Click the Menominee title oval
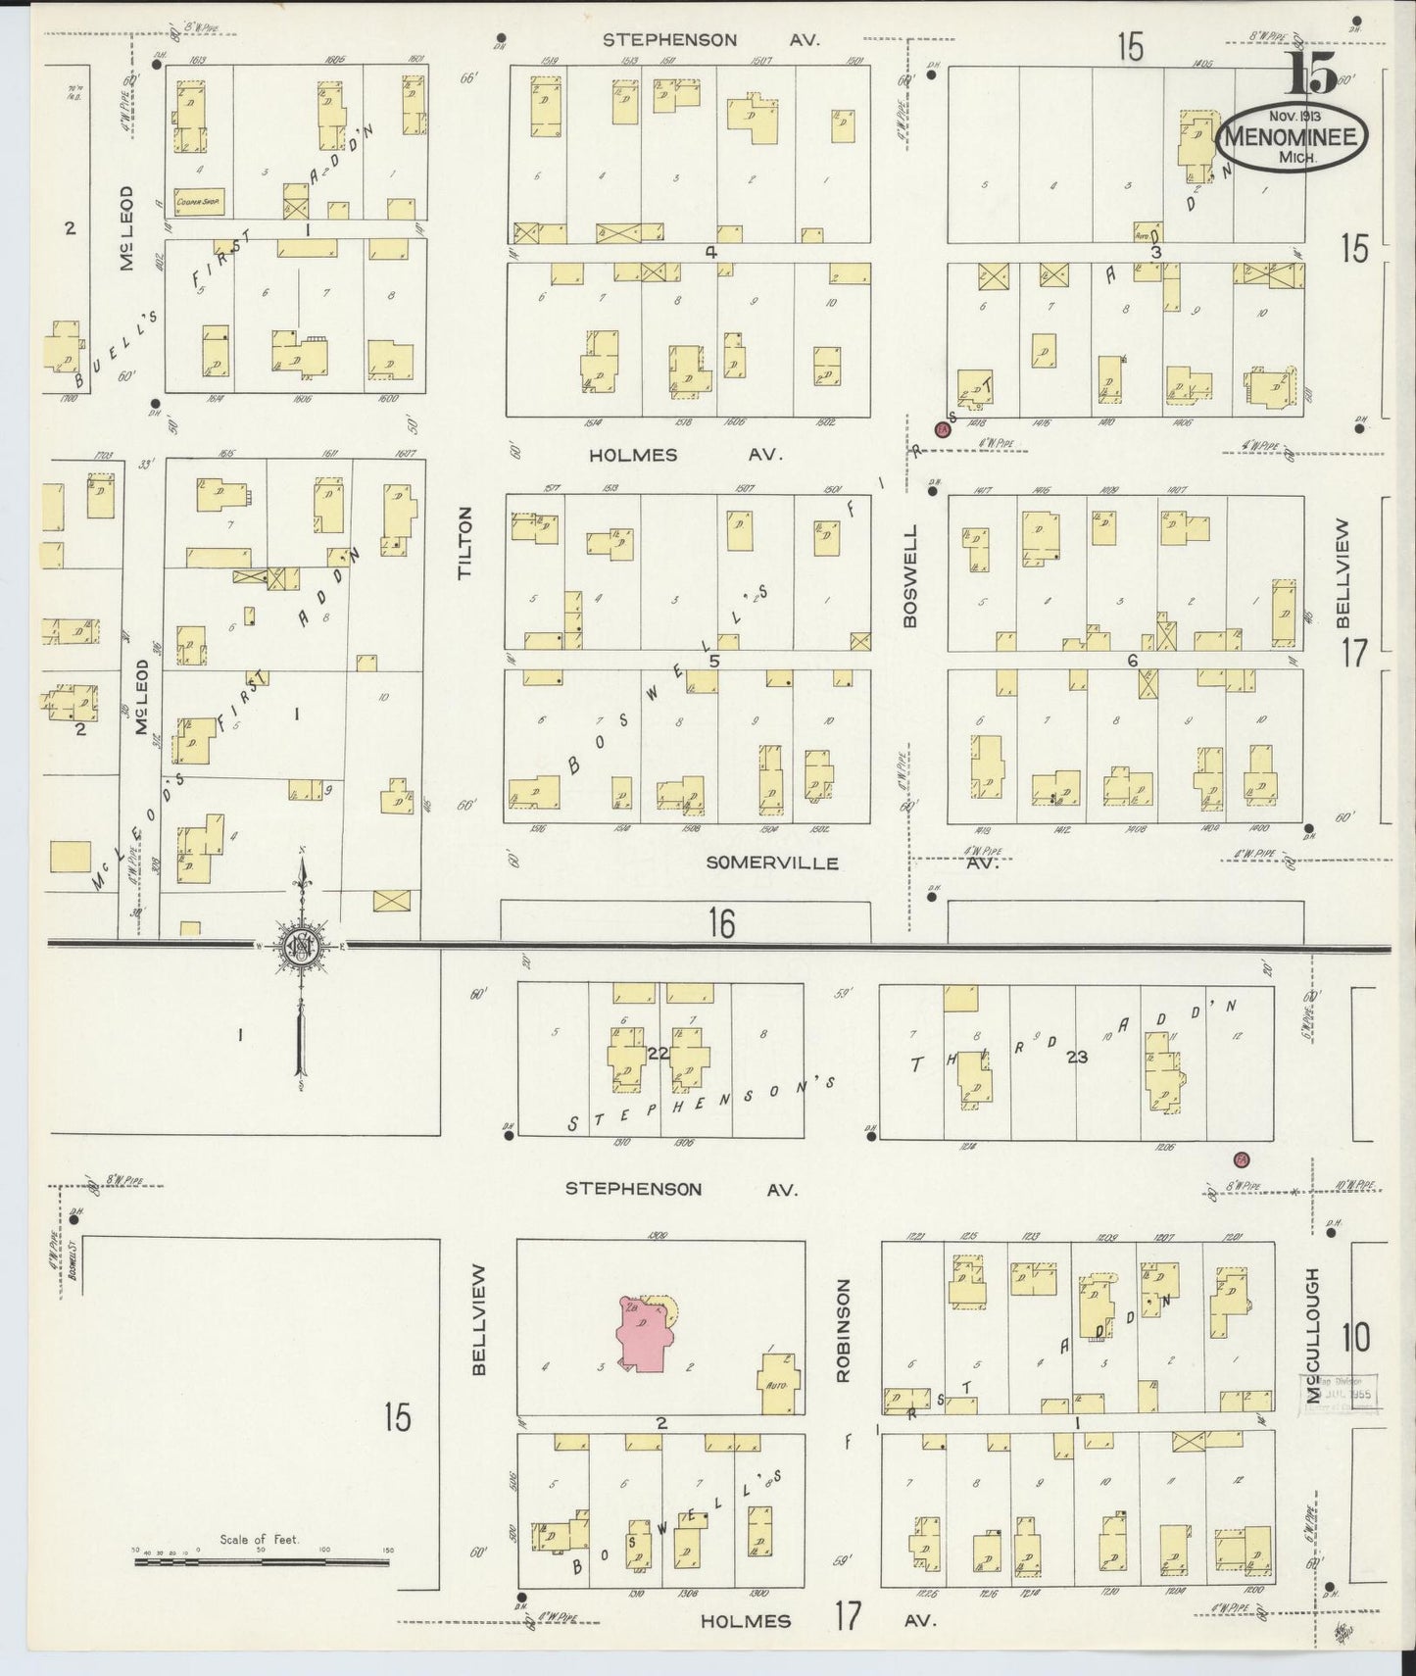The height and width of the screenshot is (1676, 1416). tap(1293, 137)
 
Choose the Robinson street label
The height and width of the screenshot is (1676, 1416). tap(842, 1329)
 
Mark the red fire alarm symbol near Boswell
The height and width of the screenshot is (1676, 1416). tap(944, 429)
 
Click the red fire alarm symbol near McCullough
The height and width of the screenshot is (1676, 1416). tap(1241, 1159)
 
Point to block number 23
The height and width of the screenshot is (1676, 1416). tap(1078, 1057)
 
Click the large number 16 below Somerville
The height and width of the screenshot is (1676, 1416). tap(721, 923)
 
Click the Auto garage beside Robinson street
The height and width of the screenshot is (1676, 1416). tap(781, 1383)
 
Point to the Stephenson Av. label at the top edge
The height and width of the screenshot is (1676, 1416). tap(710, 40)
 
